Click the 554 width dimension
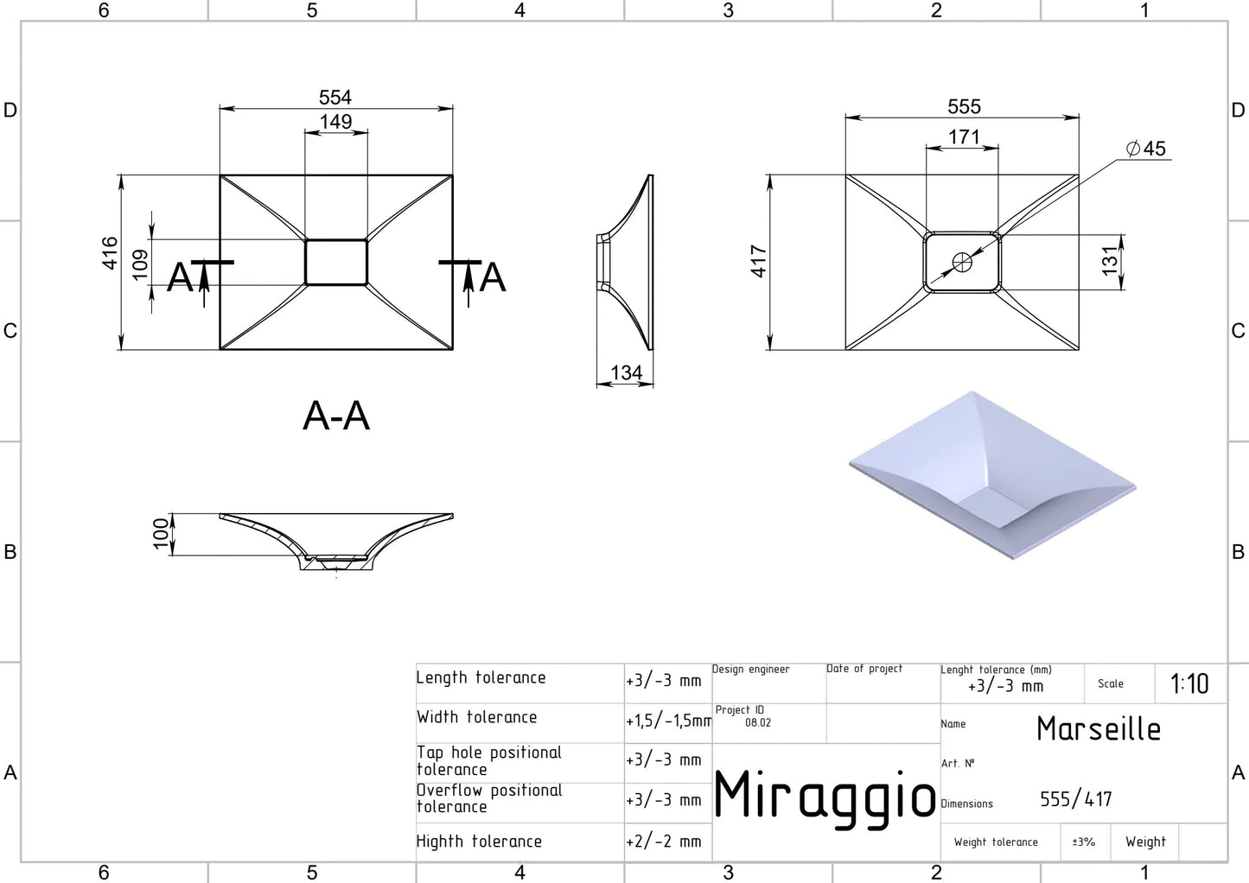pyautogui.click(x=335, y=98)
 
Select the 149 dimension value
pyautogui.click(x=335, y=122)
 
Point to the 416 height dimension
pyautogui.click(x=110, y=253)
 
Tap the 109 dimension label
pyautogui.click(x=140, y=264)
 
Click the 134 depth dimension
pyautogui.click(x=626, y=373)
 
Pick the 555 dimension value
pyautogui.click(x=964, y=107)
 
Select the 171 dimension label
pyautogui.click(x=964, y=137)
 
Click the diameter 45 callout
pyautogui.click(x=1147, y=149)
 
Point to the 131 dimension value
pyautogui.click(x=1110, y=261)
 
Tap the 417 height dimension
pyautogui.click(x=759, y=261)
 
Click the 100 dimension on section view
pyautogui.click(x=161, y=533)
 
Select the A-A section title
pyautogui.click(x=336, y=416)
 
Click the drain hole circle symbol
pyautogui.click(x=962, y=262)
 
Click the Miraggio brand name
pyautogui.click(x=825, y=797)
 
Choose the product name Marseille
pyautogui.click(x=1099, y=729)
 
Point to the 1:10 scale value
pyautogui.click(x=1189, y=684)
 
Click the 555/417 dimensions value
pyautogui.click(x=1076, y=800)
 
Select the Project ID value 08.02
pyautogui.click(x=758, y=723)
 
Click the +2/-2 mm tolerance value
pyautogui.click(x=664, y=842)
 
